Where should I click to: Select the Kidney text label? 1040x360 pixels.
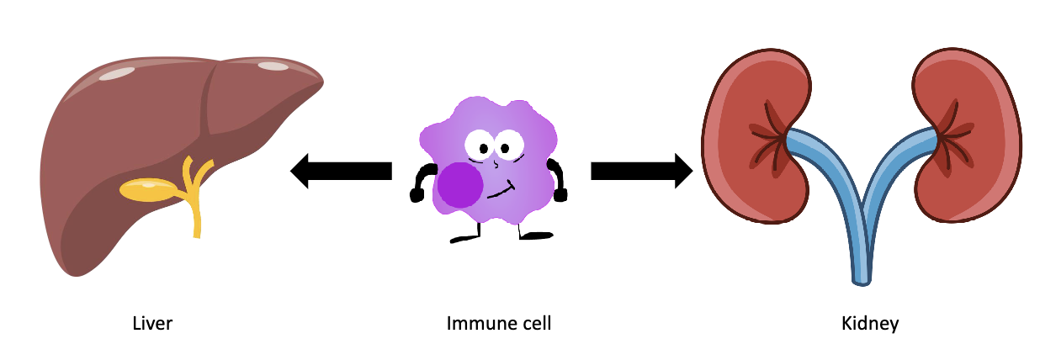coord(870,323)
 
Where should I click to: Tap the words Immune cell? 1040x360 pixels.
coord(499,323)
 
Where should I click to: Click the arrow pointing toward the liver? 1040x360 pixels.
coord(341,172)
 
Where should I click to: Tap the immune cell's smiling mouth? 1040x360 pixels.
coord(501,190)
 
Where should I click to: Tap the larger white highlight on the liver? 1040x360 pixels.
coord(116,74)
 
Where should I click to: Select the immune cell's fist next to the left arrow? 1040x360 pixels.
coord(417,196)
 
